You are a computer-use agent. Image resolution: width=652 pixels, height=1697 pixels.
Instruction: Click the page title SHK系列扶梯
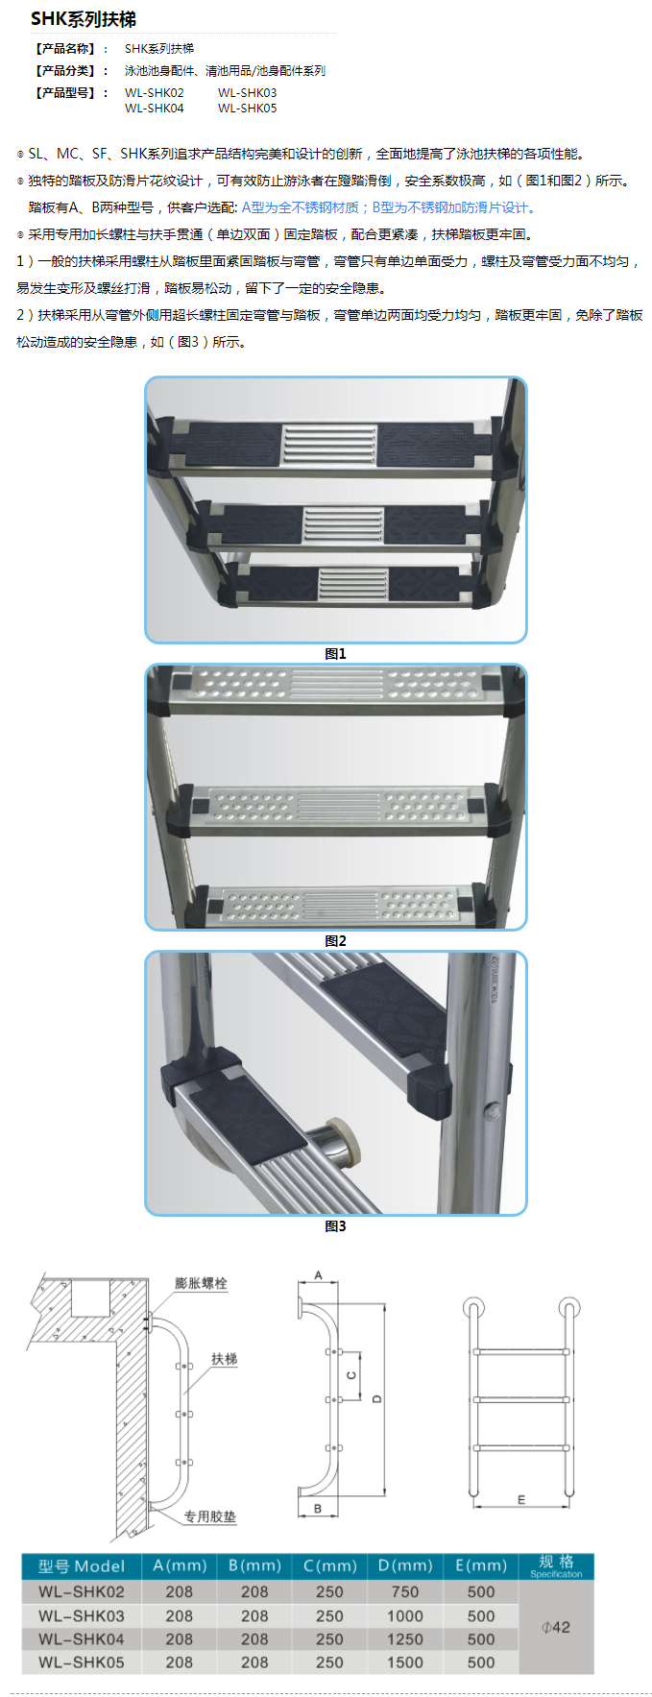click(84, 19)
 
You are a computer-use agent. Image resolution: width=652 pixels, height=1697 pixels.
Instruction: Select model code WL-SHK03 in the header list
click(247, 93)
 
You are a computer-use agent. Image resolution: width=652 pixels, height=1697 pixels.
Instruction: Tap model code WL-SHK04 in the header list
click(154, 109)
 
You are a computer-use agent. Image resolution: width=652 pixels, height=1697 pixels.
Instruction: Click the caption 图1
click(335, 654)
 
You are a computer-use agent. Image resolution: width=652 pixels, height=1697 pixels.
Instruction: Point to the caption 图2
click(335, 941)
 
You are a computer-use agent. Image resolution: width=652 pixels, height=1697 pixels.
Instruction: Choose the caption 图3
click(335, 1226)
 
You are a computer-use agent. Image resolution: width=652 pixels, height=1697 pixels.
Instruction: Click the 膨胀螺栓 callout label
click(201, 1283)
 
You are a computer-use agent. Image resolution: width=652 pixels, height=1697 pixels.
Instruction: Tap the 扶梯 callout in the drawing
click(224, 1359)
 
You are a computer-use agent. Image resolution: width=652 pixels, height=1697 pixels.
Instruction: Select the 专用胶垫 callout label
click(209, 1516)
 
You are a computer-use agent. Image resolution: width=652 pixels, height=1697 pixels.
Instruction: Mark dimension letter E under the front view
click(521, 1499)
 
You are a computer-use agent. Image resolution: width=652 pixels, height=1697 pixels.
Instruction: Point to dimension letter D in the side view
click(376, 1398)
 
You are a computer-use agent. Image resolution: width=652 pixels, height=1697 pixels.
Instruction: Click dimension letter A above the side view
click(319, 1276)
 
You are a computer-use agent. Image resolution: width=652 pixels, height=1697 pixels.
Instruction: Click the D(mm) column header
click(405, 1565)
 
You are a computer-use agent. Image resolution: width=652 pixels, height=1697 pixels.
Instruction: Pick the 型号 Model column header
click(81, 1566)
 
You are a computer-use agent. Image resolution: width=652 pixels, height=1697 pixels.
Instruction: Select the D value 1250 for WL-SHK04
click(405, 1639)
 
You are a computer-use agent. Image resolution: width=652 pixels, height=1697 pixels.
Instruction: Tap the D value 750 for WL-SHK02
click(405, 1591)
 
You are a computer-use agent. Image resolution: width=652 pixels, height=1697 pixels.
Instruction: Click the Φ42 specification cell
click(556, 1627)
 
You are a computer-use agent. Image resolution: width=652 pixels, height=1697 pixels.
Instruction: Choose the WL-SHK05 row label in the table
click(82, 1662)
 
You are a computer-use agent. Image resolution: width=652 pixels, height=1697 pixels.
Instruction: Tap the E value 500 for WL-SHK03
click(481, 1616)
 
